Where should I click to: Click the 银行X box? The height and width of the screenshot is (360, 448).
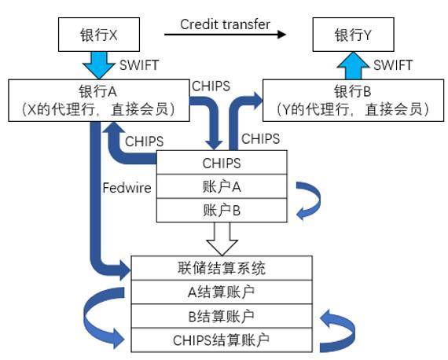point(99,36)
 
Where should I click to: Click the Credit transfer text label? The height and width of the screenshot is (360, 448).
point(225,24)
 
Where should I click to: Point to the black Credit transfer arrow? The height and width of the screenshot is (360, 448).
point(225,35)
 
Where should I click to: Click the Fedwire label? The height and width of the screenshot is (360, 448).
point(126,189)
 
